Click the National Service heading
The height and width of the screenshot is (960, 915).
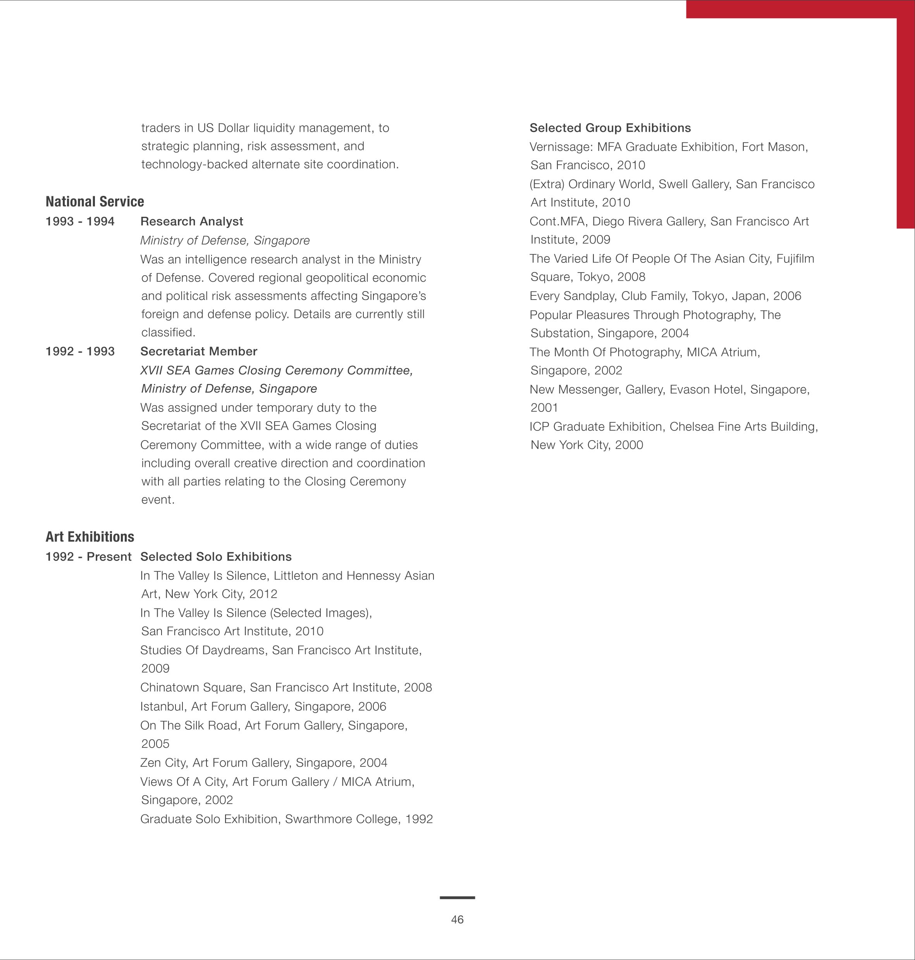point(95,201)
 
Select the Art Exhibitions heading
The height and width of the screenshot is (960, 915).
point(90,537)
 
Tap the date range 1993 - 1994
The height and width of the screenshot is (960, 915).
point(80,221)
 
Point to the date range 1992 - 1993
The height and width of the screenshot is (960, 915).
point(80,351)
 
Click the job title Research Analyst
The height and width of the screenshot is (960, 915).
point(192,221)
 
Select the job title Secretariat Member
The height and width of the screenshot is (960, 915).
point(198,351)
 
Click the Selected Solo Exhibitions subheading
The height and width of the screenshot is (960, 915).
point(216,557)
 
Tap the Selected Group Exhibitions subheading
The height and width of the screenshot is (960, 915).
point(610,128)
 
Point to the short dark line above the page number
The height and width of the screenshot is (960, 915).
point(457,898)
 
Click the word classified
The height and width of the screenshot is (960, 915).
point(168,333)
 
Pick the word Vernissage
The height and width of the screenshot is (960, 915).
point(561,147)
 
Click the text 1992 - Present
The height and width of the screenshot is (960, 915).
point(88,557)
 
